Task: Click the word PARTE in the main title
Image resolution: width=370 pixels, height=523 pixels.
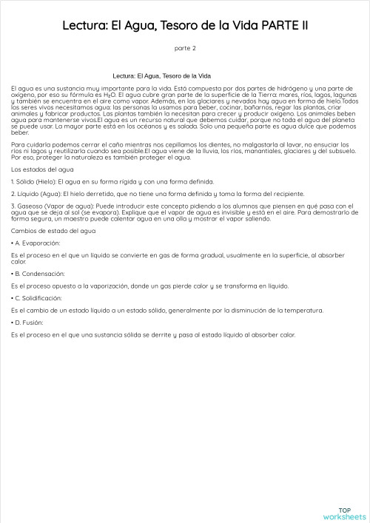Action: pos(277,27)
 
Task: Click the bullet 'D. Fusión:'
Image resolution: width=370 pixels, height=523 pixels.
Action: pos(31,323)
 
